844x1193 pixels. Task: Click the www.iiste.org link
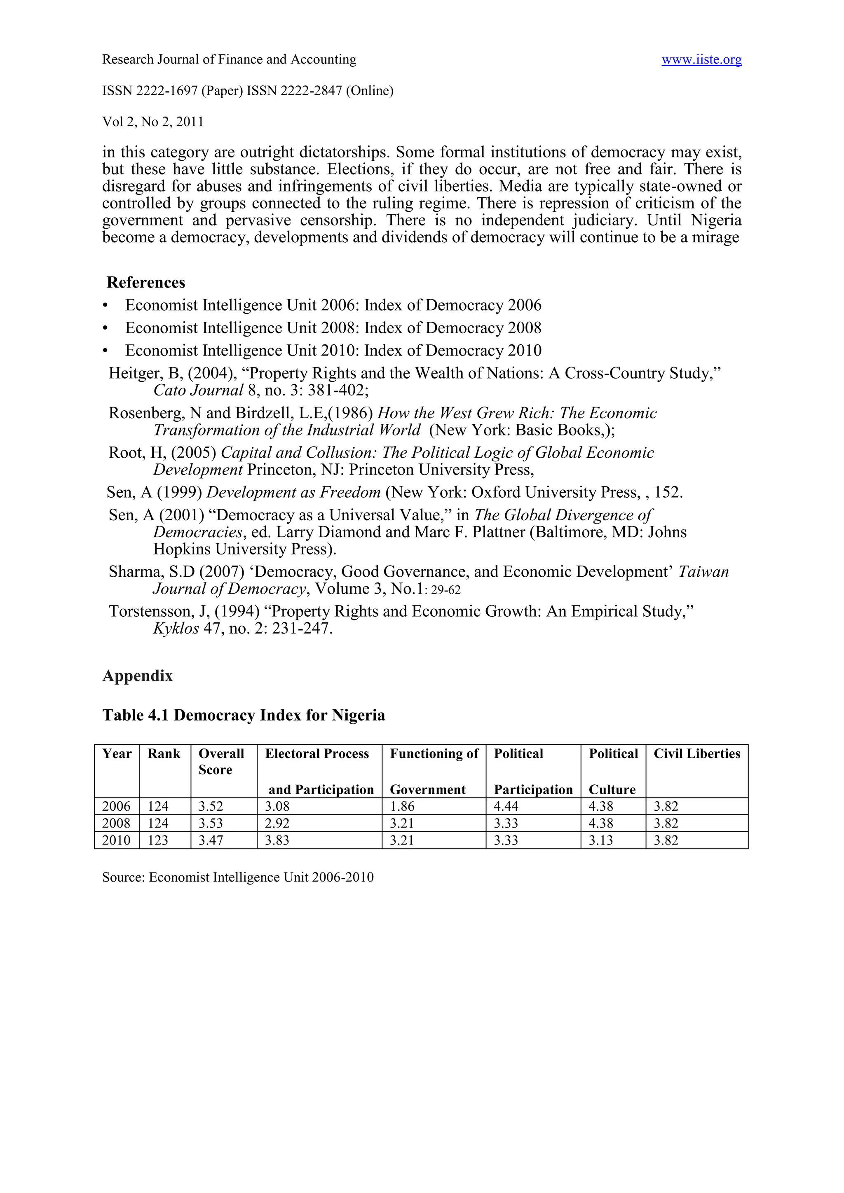tap(701, 60)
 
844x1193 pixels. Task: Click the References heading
tap(145, 283)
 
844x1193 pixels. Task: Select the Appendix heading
tap(137, 676)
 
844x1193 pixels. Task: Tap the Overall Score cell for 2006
tap(211, 807)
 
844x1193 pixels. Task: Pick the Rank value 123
tap(158, 840)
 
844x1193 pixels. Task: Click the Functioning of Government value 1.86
tap(402, 807)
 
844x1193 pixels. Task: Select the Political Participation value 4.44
tap(506, 807)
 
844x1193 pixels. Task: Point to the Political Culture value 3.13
tap(601, 840)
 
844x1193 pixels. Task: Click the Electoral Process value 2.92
tap(277, 823)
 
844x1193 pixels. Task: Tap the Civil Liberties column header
tap(696, 754)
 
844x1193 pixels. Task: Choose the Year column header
tap(117, 754)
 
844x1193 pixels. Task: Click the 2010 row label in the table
tap(116, 840)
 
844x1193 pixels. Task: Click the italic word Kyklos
tap(176, 629)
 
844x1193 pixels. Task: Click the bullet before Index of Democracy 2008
tap(105, 328)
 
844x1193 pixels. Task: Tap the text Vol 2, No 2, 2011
tap(153, 122)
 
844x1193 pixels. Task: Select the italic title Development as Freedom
tap(294, 493)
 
